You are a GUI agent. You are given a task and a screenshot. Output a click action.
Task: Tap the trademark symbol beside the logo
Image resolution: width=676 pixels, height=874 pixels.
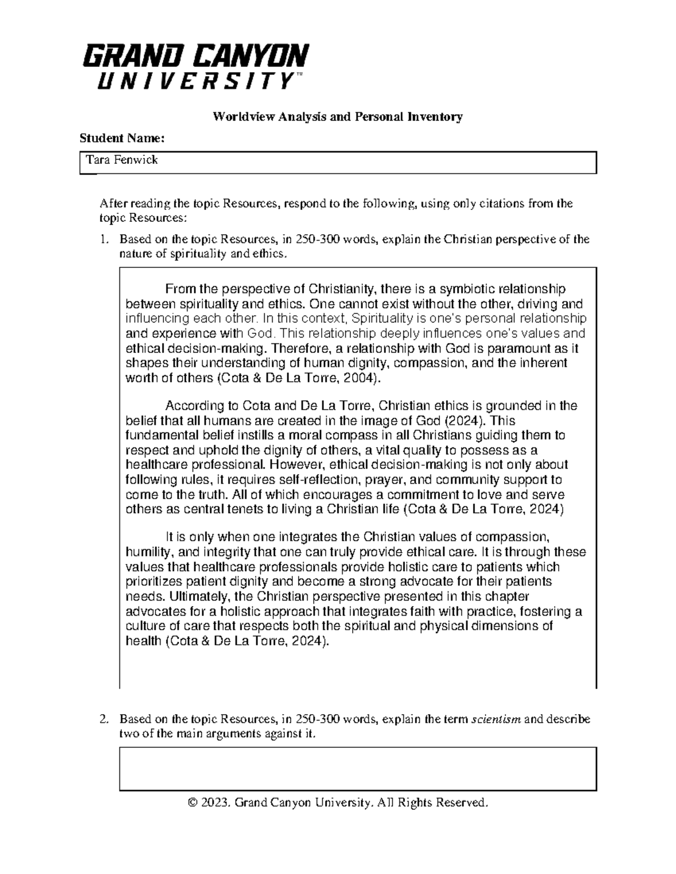[299, 75]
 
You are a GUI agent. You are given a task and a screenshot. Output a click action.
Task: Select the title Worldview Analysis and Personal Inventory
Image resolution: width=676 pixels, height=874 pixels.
[337, 116]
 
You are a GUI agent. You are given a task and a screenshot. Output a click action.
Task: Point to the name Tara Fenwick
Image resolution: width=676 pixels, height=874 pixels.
[121, 160]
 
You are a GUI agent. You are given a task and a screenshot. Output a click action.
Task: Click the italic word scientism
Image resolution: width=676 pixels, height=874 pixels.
[496, 719]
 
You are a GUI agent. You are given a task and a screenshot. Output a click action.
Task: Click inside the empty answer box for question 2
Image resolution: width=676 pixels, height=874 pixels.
[357, 768]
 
